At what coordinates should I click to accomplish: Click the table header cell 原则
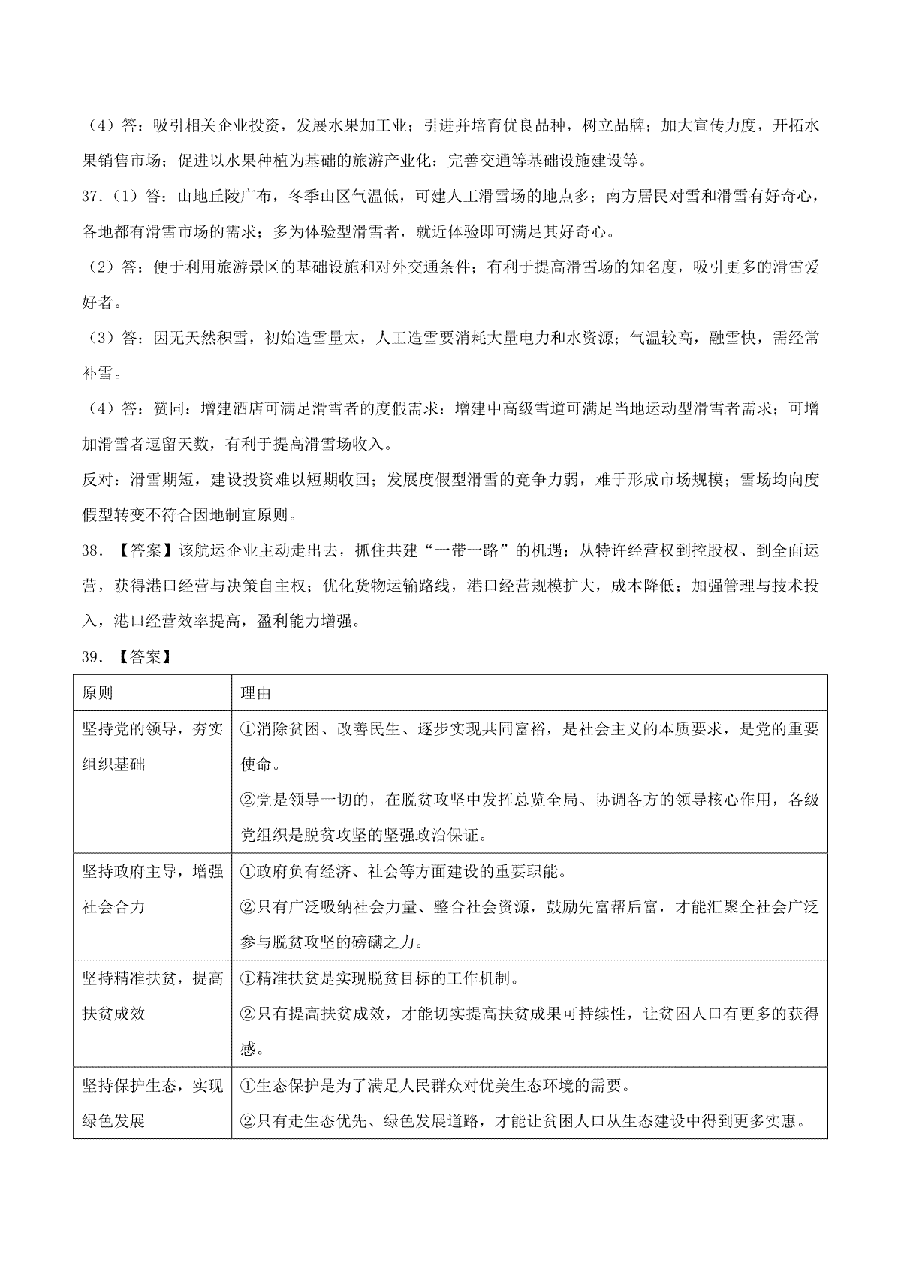coord(98,692)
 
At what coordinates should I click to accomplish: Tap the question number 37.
coord(91,197)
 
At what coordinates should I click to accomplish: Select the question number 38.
coord(91,551)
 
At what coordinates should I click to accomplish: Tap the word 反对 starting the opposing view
coord(96,480)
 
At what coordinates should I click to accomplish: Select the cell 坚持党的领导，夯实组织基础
coord(152,746)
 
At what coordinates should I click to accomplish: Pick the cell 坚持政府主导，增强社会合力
coord(152,888)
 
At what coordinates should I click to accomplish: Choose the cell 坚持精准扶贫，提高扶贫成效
coord(152,996)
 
